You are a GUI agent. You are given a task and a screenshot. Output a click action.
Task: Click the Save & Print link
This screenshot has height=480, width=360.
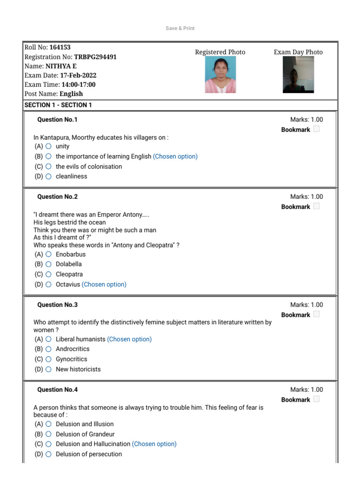[x=180, y=29]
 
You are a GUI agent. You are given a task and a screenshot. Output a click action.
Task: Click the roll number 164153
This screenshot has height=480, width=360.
[x=60, y=47]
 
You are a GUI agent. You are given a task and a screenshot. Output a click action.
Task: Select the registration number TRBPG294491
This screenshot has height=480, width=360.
[x=95, y=57]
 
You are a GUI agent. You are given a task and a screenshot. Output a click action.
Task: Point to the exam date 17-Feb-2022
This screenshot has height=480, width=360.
[x=78, y=75]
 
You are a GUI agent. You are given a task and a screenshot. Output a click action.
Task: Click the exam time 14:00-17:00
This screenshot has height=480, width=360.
[x=78, y=84]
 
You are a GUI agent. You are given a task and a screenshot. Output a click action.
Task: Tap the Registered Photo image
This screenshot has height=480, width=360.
[x=220, y=75]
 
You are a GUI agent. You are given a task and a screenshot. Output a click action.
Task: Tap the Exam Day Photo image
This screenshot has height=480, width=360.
[x=298, y=75]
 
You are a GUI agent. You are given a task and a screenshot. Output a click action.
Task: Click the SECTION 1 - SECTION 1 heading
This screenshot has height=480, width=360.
[x=58, y=105]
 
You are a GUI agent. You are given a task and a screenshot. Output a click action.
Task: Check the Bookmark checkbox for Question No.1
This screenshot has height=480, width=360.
[x=316, y=129]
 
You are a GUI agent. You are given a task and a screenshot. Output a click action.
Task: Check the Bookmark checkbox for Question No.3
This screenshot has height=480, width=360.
[x=316, y=315]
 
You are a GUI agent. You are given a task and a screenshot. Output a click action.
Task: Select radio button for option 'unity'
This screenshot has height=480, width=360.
[x=49, y=146]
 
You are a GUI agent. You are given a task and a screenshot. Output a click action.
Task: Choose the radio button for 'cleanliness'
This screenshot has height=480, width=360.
[x=49, y=176]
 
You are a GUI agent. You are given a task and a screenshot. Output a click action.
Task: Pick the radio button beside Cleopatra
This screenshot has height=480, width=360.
[x=49, y=274]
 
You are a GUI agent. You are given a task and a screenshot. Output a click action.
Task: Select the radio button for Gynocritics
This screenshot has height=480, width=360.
[x=49, y=359]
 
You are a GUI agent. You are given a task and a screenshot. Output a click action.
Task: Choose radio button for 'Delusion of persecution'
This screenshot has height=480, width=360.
[x=49, y=454]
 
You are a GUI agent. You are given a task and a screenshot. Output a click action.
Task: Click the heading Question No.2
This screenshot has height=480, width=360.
[x=57, y=197]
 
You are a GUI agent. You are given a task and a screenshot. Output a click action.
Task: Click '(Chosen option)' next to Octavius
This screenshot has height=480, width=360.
[x=104, y=284]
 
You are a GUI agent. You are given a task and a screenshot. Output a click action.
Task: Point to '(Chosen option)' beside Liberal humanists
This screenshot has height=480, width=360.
[x=129, y=339]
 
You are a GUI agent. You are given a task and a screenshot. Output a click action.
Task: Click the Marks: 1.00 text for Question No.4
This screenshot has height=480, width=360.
[x=307, y=390]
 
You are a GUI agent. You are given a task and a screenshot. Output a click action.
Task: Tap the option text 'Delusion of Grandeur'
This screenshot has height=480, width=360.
[x=85, y=434]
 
